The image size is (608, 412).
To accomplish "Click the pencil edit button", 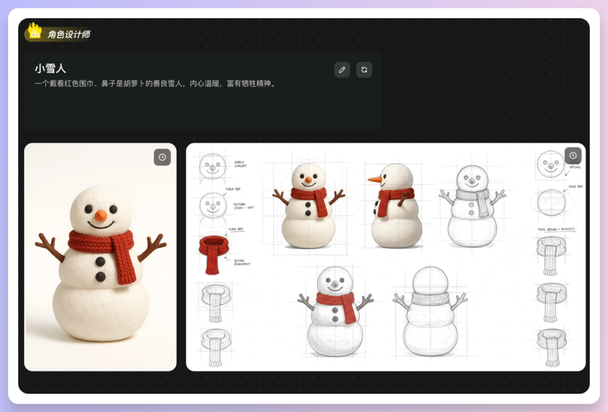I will tap(342, 70).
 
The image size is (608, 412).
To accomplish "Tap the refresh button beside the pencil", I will tap(364, 70).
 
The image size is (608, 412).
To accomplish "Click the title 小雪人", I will tap(50, 68).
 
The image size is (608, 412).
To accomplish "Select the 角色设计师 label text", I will tap(69, 34).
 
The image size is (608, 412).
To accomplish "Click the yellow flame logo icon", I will tap(35, 32).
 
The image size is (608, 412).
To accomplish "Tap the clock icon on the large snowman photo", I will tap(162, 157).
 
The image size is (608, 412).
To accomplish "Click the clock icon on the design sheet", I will tap(573, 156).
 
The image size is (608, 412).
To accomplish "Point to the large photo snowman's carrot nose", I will tap(100, 216).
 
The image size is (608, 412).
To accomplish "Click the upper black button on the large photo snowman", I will tap(100, 262).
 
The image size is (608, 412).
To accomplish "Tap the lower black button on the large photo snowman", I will tap(100, 276).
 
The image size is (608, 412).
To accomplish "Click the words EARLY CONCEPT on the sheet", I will tap(240, 164).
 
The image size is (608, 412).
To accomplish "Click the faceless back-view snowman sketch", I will tap(430, 312).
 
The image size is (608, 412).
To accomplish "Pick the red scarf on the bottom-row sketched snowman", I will tap(336, 301).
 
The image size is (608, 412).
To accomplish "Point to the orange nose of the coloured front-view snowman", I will tap(308, 180).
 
